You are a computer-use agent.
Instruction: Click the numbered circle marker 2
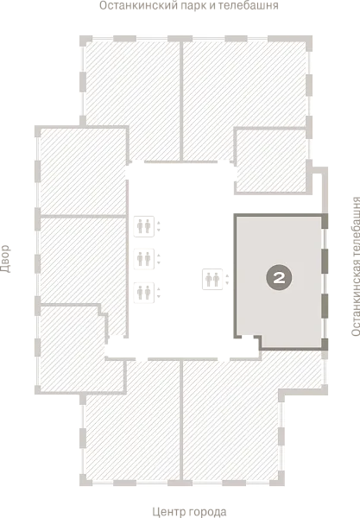click(279, 277)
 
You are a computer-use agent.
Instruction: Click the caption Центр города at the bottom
click(190, 512)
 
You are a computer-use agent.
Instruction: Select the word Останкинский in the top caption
click(138, 6)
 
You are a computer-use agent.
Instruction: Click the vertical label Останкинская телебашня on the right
click(356, 267)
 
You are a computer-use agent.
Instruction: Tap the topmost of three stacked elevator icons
click(143, 226)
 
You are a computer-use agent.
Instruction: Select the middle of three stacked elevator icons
click(143, 259)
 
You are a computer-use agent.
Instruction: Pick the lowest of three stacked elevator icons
click(143, 293)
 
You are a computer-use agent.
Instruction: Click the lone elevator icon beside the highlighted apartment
click(212, 280)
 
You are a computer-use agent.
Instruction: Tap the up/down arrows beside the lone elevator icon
click(227, 280)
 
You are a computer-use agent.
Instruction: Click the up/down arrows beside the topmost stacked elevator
click(159, 226)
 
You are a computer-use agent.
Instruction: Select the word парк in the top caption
click(193, 6)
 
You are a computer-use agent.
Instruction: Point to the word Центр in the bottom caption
click(167, 512)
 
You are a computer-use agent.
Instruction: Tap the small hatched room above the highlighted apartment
click(271, 161)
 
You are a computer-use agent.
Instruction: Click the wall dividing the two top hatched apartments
click(181, 101)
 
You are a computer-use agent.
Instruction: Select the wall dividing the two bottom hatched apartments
click(181, 420)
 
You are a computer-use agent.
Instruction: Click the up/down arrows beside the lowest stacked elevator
click(159, 293)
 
